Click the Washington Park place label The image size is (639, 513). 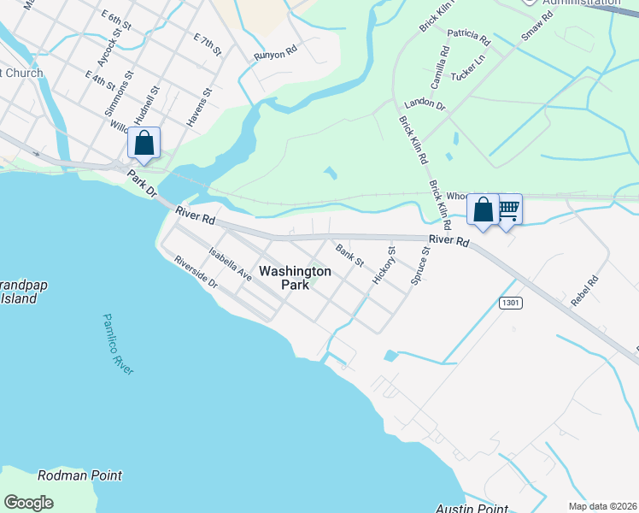[295, 278]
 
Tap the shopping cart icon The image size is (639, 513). [508, 209]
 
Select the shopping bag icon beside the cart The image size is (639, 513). [484, 210]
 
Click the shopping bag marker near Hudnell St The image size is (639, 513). [144, 144]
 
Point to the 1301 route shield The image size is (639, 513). [511, 303]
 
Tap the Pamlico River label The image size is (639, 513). [118, 344]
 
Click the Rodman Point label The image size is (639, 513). [79, 475]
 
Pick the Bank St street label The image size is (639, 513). [349, 255]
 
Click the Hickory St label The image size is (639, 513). [385, 266]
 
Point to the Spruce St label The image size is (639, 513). [419, 267]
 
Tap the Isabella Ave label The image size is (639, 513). [230, 265]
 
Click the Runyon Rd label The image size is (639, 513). [274, 55]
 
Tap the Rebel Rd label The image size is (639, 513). [585, 291]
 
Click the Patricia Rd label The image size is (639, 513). [471, 39]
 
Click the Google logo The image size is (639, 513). [28, 503]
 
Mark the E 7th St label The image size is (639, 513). [208, 45]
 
